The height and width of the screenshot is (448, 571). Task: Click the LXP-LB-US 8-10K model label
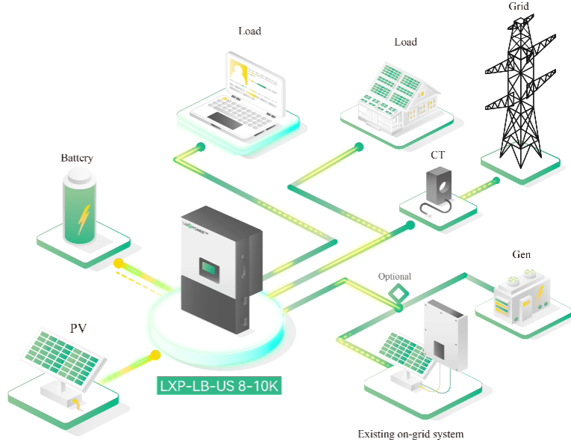tap(219, 386)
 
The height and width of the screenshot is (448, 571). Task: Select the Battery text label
tap(77, 159)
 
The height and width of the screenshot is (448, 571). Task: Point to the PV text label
tap(78, 328)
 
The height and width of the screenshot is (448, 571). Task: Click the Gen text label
tap(522, 255)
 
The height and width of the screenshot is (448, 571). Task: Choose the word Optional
tap(395, 277)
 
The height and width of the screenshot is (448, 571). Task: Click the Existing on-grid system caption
tap(410, 434)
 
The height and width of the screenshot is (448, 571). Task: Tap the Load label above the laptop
tap(250, 31)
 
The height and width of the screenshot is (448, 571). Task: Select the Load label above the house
tap(405, 42)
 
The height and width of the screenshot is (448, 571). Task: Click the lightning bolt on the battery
tap(84, 218)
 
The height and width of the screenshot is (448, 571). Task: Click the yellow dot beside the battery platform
tap(118, 263)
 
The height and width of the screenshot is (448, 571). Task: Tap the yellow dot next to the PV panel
tap(155, 355)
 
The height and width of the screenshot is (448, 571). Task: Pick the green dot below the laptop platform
tap(200, 147)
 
